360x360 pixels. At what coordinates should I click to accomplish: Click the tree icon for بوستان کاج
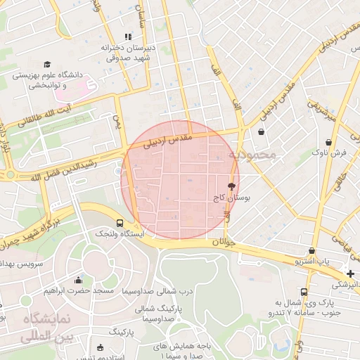click(x=231, y=187)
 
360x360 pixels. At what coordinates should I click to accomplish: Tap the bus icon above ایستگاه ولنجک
click(x=118, y=222)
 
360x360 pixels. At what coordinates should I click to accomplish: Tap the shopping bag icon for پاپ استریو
click(x=311, y=251)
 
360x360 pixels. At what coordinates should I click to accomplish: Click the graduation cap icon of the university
click(x=47, y=64)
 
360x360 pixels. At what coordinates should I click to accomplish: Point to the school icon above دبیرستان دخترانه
click(x=127, y=37)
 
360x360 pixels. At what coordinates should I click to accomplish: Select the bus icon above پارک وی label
click(x=304, y=291)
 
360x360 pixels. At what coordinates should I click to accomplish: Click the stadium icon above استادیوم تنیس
click(x=99, y=347)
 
